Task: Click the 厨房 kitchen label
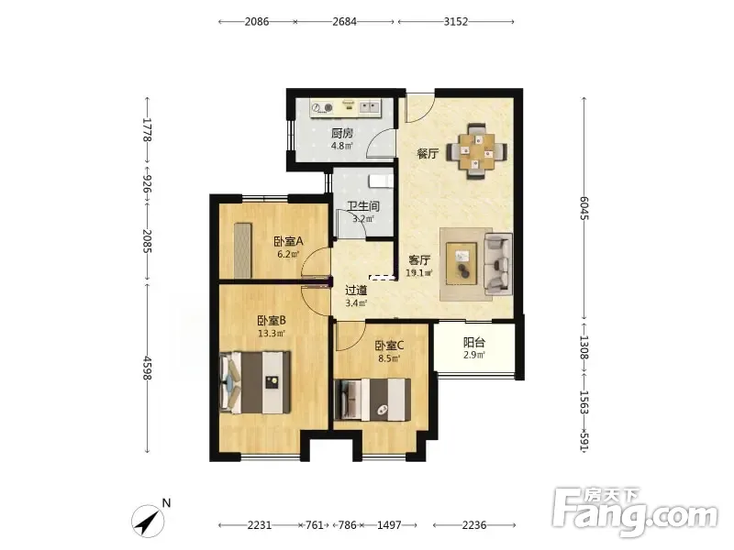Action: (342, 133)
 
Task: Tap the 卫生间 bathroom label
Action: (363, 205)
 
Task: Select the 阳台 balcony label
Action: (473, 342)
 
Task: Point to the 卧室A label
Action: (288, 242)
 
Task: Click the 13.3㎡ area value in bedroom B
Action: (272, 334)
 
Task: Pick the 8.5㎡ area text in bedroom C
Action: (389, 358)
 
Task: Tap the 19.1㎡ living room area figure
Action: (419, 272)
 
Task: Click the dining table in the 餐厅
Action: (476, 151)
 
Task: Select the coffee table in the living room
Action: (462, 263)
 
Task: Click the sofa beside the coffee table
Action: (497, 264)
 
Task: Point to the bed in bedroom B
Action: (255, 382)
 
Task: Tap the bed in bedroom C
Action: (373, 400)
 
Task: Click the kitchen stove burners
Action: (323, 108)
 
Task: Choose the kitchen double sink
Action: (370, 107)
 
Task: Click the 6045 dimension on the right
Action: (584, 208)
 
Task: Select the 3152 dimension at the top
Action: (456, 21)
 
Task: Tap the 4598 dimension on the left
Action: (148, 368)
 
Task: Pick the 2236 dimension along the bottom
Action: (473, 525)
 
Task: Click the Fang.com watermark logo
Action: (635, 512)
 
